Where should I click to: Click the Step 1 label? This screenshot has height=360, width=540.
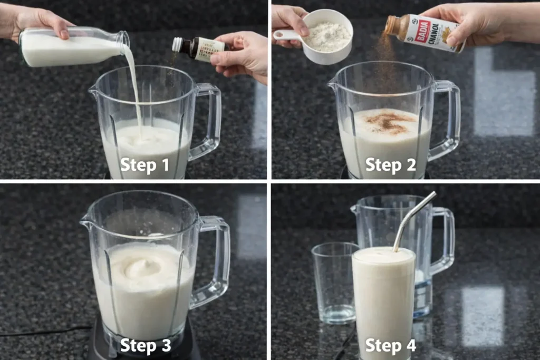click(144, 165)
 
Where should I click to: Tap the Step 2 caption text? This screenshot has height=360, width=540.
click(390, 165)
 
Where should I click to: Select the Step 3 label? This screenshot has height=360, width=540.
click(145, 346)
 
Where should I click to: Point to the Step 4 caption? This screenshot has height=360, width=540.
click(390, 346)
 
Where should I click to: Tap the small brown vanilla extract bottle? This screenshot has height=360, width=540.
click(198, 48)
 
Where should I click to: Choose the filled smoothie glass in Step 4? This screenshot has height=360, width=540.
click(383, 300)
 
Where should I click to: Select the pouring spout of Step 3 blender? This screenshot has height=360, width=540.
click(85, 222)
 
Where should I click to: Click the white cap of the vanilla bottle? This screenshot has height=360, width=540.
click(177, 44)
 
